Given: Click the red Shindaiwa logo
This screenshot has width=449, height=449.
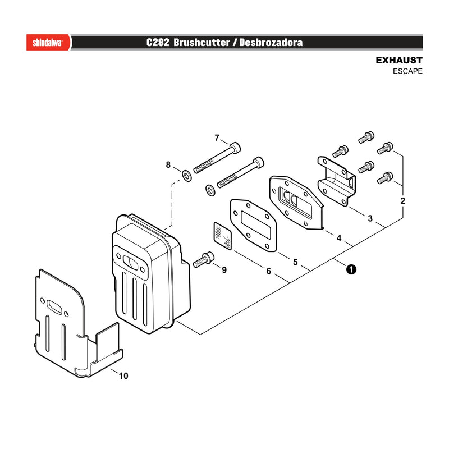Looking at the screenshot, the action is pyautogui.click(x=48, y=43).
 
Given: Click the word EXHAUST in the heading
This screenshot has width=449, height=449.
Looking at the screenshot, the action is pyautogui.click(x=399, y=61).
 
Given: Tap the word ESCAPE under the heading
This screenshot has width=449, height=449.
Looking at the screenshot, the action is pyautogui.click(x=407, y=71).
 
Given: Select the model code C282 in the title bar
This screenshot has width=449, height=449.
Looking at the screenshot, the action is pyautogui.click(x=158, y=43).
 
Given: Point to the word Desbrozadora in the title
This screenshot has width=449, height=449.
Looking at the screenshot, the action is pyautogui.click(x=271, y=43).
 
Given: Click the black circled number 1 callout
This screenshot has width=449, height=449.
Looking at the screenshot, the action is pyautogui.click(x=351, y=269).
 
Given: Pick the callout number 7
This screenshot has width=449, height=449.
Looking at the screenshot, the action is pyautogui.click(x=217, y=138).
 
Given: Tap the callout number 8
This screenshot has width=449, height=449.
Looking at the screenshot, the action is pyautogui.click(x=168, y=164).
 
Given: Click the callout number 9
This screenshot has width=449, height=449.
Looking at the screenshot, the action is pyautogui.click(x=224, y=270).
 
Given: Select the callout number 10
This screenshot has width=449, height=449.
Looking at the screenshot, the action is pyautogui.click(x=123, y=375).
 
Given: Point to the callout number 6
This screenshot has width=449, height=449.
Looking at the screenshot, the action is pyautogui.click(x=268, y=271).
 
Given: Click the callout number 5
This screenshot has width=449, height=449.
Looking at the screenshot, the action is pyautogui.click(x=295, y=262).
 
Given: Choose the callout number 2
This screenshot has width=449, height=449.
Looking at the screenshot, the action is pyautogui.click(x=402, y=201).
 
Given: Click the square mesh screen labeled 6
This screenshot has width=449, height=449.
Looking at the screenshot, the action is pyautogui.click(x=223, y=235).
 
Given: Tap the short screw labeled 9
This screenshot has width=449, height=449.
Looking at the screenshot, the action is pyautogui.click(x=204, y=259).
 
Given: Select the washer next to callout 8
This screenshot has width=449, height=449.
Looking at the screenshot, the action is pyautogui.click(x=187, y=175).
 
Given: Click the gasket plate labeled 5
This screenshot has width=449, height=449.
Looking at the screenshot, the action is pyautogui.click(x=253, y=225).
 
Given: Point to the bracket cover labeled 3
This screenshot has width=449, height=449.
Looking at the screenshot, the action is pyautogui.click(x=336, y=181).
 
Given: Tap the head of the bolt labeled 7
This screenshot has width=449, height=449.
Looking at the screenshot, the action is pyautogui.click(x=235, y=147).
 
